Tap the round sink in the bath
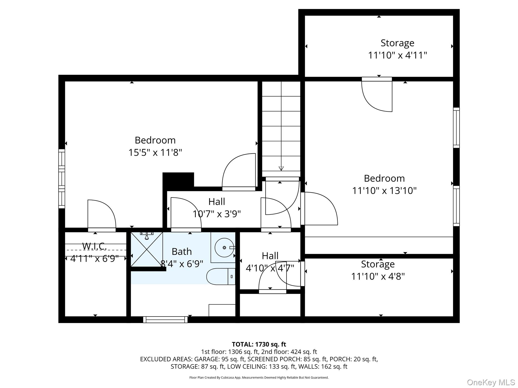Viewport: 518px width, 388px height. [x=224, y=248]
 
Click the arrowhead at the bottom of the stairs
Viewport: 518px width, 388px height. [x=281, y=168]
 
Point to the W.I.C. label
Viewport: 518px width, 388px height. [x=94, y=246]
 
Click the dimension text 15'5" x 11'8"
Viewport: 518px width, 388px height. [x=155, y=153]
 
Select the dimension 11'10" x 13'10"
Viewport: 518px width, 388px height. [x=384, y=190]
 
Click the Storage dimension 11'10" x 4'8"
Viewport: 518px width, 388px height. [x=378, y=276]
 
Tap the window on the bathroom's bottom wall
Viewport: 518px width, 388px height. [x=165, y=320]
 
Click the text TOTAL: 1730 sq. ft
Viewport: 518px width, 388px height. [x=259, y=344]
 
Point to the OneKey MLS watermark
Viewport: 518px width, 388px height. [x=491, y=382]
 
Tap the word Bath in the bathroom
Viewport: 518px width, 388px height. [x=182, y=252]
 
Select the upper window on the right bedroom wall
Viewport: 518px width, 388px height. [x=456, y=128]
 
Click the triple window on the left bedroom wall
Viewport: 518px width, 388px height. [x=62, y=179]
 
